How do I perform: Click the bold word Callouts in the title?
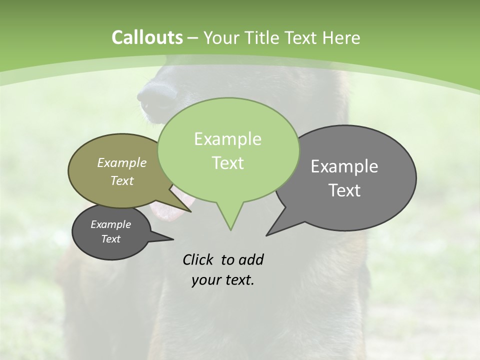coord(147,38)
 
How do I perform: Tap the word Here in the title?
coord(340,38)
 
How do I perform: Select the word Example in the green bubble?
coord(227,139)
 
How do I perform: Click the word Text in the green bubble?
coord(227,163)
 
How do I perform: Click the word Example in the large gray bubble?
coord(344,166)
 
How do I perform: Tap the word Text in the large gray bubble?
coord(344,190)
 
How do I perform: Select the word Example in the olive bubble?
coord(122,162)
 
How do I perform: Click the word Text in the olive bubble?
coord(122,180)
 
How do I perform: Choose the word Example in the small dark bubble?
coord(111,224)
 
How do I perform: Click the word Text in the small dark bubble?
coord(111,239)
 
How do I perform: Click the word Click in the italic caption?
coord(198,259)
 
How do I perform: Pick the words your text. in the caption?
coord(223,280)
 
